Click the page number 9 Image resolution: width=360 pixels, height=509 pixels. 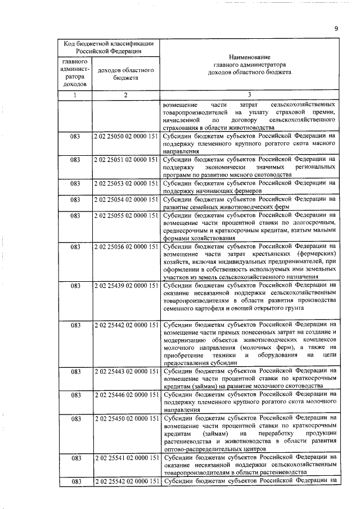click(335, 29)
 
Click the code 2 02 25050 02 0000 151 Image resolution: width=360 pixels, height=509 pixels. click(126, 136)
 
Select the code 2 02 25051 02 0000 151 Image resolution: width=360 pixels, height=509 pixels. click(126, 160)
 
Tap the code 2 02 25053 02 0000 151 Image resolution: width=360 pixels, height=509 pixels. click(126, 183)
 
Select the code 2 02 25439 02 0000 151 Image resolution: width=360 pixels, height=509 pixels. click(126, 286)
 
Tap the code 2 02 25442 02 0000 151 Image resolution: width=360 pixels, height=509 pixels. click(126, 325)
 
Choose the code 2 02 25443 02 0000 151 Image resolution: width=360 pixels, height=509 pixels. click(126, 372)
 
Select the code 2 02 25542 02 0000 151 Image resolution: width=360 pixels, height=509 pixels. click(126, 481)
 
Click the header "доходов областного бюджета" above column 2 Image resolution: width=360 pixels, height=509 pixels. click(126, 74)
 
